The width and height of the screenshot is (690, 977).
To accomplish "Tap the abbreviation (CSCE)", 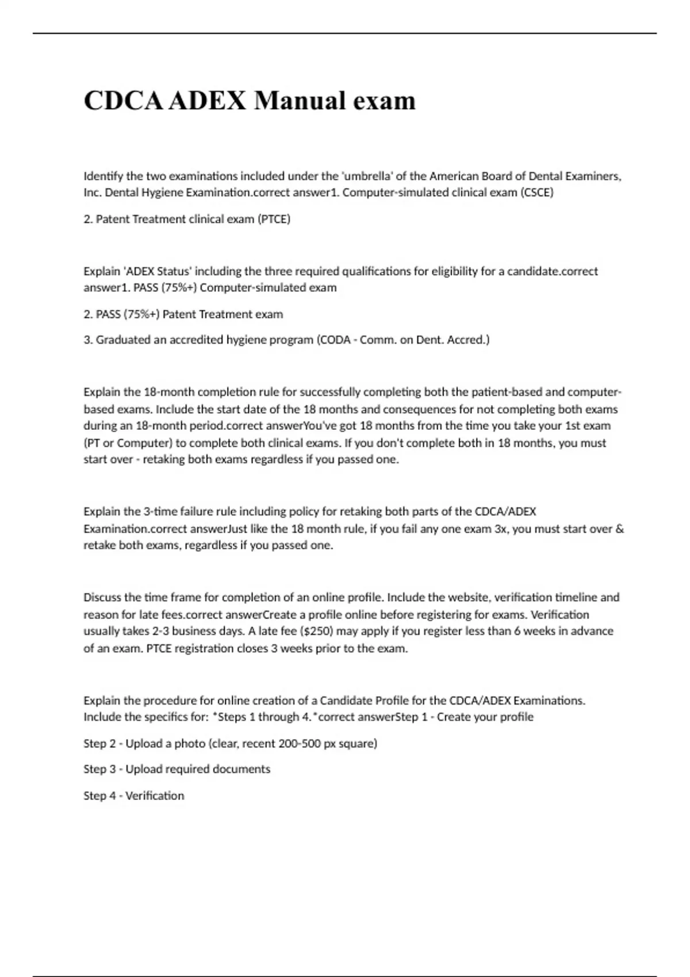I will click(536, 193).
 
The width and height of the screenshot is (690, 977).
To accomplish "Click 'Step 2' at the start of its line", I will click(99, 744).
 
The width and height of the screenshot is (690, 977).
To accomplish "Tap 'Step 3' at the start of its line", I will click(99, 769).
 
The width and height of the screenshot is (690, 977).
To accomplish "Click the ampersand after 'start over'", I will click(620, 529).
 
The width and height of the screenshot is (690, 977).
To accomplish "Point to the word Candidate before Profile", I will click(346, 701).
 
